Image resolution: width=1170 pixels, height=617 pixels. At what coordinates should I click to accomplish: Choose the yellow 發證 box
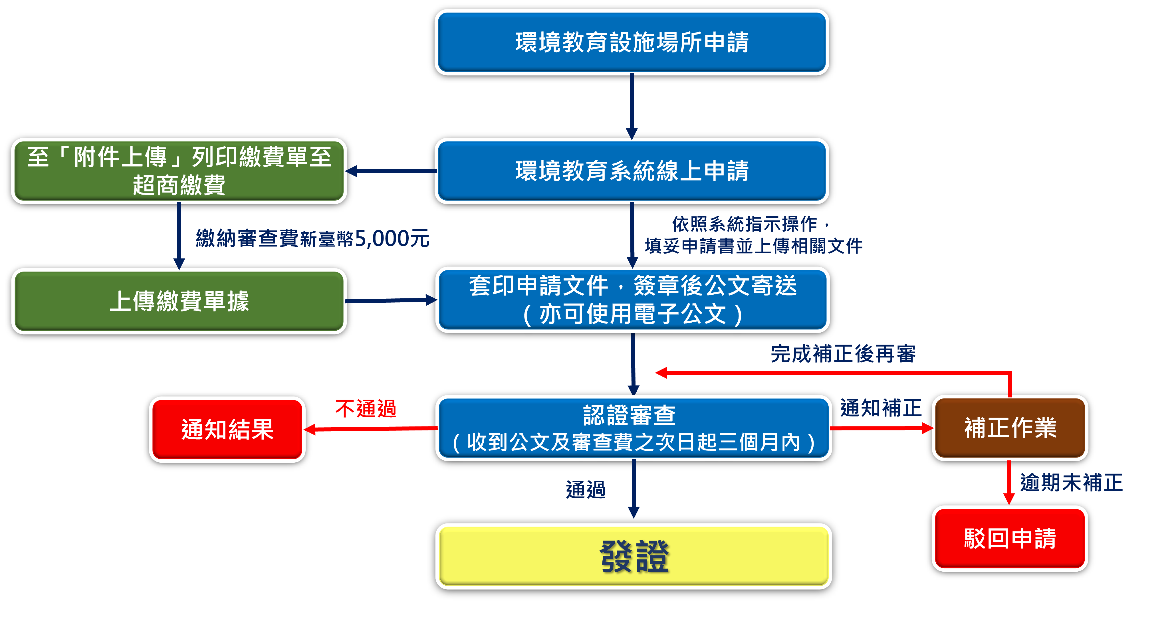pos(634,556)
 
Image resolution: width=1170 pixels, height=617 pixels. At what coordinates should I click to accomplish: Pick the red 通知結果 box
pos(227,429)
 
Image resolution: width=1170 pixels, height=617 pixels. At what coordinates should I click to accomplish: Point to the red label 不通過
pos(366,408)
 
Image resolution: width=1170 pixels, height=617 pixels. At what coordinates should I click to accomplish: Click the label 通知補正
pos(881,408)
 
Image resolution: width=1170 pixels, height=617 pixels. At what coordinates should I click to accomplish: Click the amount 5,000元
pos(392,239)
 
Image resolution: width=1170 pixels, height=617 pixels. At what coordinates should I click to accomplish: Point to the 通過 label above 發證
pos(586,490)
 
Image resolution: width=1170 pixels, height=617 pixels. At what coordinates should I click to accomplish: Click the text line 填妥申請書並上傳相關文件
pos(753,246)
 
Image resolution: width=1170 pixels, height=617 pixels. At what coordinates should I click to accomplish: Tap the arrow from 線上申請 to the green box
pos(391,171)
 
